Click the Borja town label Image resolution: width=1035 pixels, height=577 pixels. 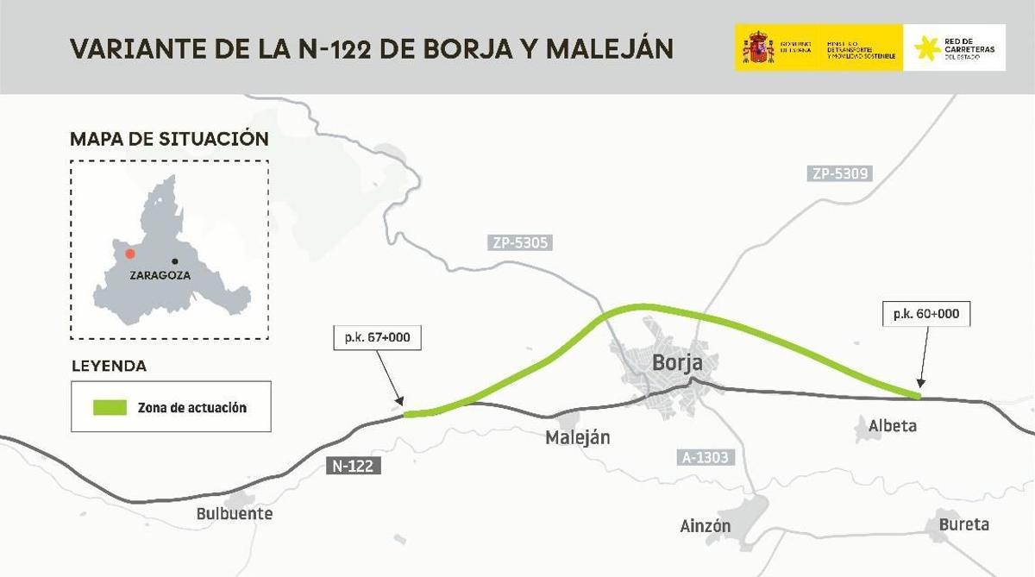(677, 363)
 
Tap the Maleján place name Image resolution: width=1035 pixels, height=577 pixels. (577, 438)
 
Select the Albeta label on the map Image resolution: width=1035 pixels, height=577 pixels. (892, 426)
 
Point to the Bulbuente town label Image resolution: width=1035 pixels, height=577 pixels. (234, 514)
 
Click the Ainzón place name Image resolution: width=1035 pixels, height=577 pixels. (705, 525)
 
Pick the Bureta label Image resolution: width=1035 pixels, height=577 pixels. (964, 524)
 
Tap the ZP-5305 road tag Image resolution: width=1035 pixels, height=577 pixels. (517, 244)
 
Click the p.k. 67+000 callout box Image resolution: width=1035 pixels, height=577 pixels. (378, 338)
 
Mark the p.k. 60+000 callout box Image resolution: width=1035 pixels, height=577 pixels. (927, 314)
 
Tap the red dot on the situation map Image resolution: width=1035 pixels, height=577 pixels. (129, 254)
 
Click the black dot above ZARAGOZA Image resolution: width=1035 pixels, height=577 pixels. (175, 260)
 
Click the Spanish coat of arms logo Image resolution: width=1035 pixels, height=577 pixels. (759, 47)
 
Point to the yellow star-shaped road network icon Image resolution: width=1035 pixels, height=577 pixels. (927, 49)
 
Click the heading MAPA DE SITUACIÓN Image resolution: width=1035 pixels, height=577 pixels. (169, 139)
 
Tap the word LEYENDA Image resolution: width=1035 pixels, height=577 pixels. (109, 366)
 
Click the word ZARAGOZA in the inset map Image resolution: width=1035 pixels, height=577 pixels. (160, 276)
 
